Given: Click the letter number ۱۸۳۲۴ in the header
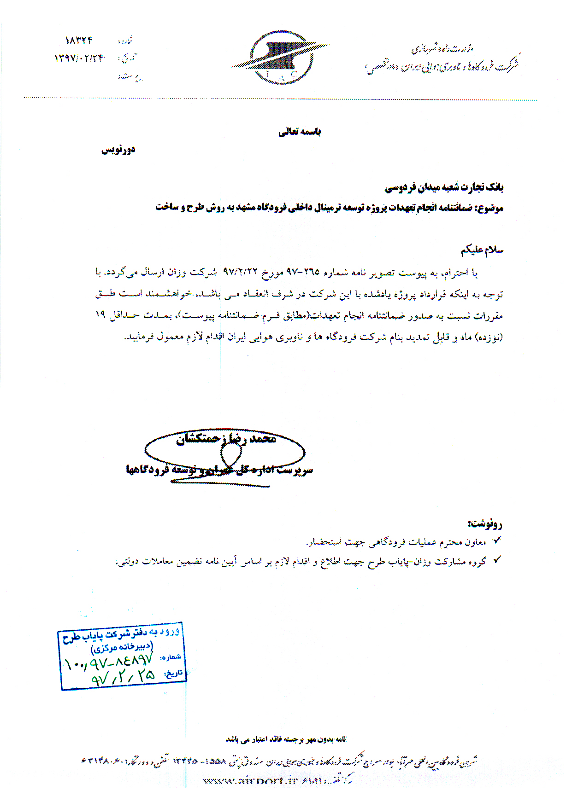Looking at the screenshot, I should coord(79,41).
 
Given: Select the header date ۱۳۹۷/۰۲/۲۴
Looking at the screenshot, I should coord(79,58).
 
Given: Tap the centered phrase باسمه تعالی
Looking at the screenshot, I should coord(300,132).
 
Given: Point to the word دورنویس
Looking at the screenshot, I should coord(118,150).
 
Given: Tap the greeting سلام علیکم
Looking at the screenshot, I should coord(482,250).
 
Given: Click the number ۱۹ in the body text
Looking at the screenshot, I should coord(100,314).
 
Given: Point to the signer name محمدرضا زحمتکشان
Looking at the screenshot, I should coord(226,439).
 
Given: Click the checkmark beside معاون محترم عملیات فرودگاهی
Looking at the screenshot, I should coord(496,540).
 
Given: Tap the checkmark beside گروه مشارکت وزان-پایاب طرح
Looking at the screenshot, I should coord(496,560).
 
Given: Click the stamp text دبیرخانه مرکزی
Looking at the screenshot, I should coord(122,647).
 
